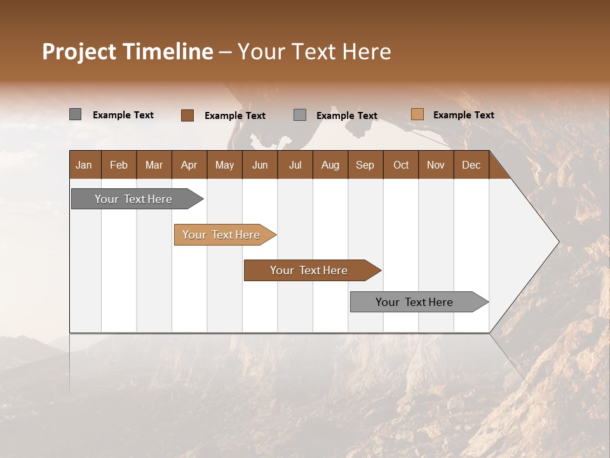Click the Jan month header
[x=85, y=165]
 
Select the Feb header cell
[x=119, y=165]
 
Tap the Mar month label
[x=154, y=165]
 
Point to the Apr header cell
[x=189, y=165]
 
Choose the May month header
[x=224, y=165]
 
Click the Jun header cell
[x=260, y=165]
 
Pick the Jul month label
[x=295, y=165]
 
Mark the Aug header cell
[x=330, y=165]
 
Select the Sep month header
[x=365, y=165]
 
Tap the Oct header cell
[x=401, y=165]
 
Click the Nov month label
[x=436, y=165]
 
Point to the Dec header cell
[x=471, y=165]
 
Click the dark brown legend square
[x=187, y=115]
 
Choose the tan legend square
[x=417, y=114]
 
